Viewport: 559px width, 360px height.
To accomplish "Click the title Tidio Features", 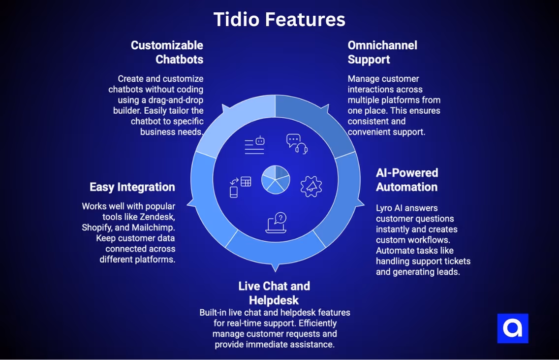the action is (x=279, y=19).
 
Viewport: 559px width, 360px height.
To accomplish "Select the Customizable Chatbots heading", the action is (x=167, y=52).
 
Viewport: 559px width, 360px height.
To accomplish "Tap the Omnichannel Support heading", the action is (x=382, y=52).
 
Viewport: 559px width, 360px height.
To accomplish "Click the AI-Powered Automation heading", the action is (x=406, y=180).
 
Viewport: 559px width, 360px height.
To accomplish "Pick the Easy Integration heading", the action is (x=132, y=187).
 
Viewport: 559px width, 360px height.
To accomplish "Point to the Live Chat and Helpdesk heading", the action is (x=274, y=293).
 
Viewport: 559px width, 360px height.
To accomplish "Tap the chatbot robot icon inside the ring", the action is (x=254, y=145).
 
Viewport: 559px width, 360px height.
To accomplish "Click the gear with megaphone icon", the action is (x=311, y=186).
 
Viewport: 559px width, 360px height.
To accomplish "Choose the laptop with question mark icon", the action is (x=276, y=223).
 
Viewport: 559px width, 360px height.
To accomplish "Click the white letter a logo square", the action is (x=513, y=328).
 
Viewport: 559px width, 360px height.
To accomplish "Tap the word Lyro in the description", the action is (x=385, y=208).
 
